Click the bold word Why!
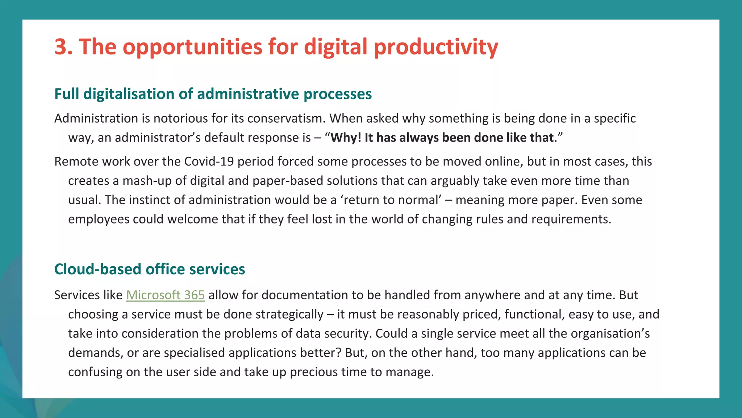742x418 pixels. click(x=346, y=138)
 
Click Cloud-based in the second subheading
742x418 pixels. click(x=98, y=269)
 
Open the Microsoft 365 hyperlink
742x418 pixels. click(x=165, y=295)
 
